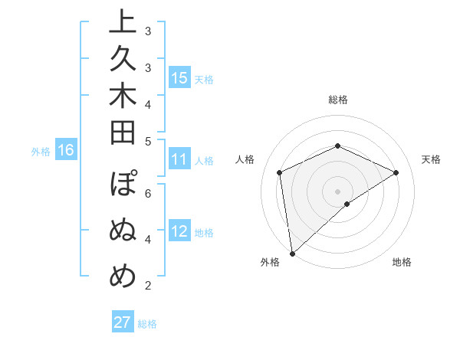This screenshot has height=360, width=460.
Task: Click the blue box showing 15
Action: point(179,78)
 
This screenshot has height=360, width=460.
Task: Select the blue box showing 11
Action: point(179,160)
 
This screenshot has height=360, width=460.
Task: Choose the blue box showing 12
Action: point(179,232)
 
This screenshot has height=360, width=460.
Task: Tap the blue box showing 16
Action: point(65,150)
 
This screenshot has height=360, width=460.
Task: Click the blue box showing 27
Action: point(123,322)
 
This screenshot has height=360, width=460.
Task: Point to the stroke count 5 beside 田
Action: point(148,141)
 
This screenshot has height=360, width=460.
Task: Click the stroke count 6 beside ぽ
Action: point(148,193)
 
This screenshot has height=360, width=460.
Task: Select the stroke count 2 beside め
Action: point(148,286)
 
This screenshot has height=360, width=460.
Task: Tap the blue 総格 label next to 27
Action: point(147,324)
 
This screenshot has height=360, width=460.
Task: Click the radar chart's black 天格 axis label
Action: point(431,159)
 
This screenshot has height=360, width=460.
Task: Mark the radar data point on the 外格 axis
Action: point(292,254)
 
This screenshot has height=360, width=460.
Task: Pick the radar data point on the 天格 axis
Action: point(396,172)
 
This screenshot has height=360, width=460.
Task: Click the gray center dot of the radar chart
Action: point(337,191)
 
